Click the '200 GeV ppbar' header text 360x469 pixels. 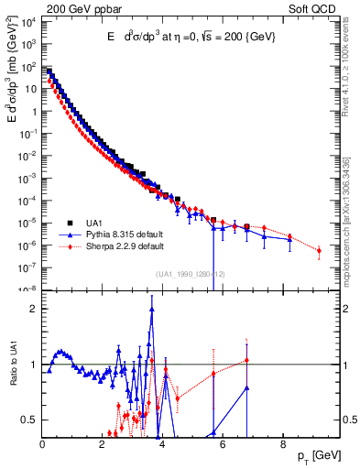[80, 7]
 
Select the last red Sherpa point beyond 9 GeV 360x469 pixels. [319, 250]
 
